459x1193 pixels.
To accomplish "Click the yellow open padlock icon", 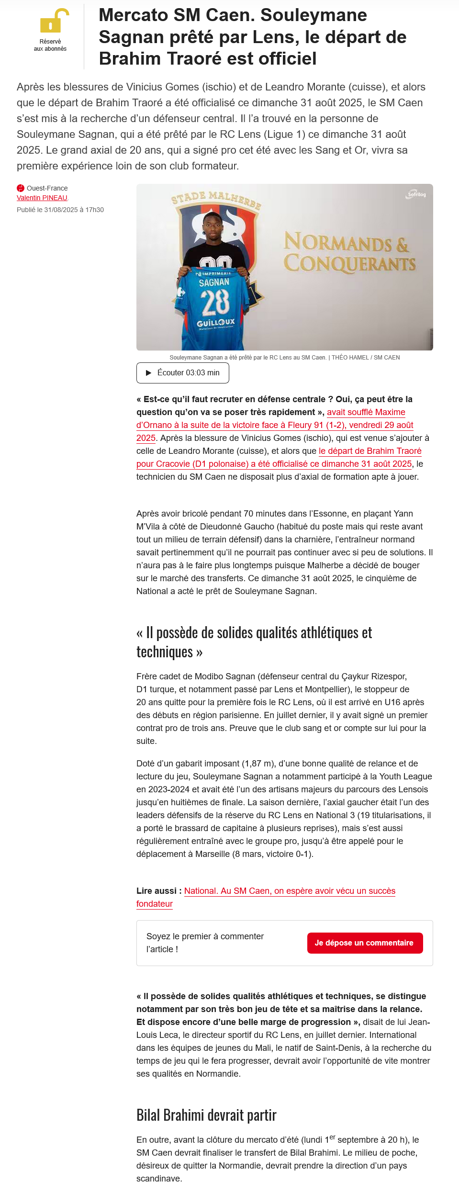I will point(54,21).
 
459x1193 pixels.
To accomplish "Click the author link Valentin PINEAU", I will point(42,198).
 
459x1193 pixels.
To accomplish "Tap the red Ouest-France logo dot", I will point(21,188).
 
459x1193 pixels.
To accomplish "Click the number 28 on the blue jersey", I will point(215,303).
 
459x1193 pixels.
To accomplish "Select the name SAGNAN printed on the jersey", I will point(214,282).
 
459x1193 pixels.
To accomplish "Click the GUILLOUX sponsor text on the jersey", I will point(216,323).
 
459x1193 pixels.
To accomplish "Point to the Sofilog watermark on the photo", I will point(416,194).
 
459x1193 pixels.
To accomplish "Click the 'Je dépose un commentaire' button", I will point(365,943).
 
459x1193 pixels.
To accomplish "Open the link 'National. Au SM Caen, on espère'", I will point(290,890).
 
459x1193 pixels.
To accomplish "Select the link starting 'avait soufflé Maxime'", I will point(366,412).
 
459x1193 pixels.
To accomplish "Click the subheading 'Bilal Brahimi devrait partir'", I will point(206,1115).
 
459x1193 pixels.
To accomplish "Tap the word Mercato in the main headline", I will point(133,15).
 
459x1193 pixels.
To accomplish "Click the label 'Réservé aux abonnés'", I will point(50,45).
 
